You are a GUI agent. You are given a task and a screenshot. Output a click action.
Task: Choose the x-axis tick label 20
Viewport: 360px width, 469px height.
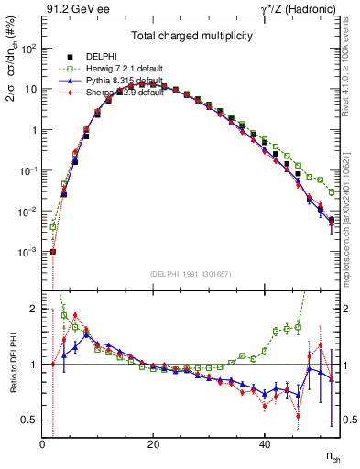(x=153, y=444)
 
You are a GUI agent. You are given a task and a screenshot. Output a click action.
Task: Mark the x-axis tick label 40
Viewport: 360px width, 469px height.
(x=264, y=444)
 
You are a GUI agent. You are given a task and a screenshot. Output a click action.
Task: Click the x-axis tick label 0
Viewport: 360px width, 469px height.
(x=43, y=444)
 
